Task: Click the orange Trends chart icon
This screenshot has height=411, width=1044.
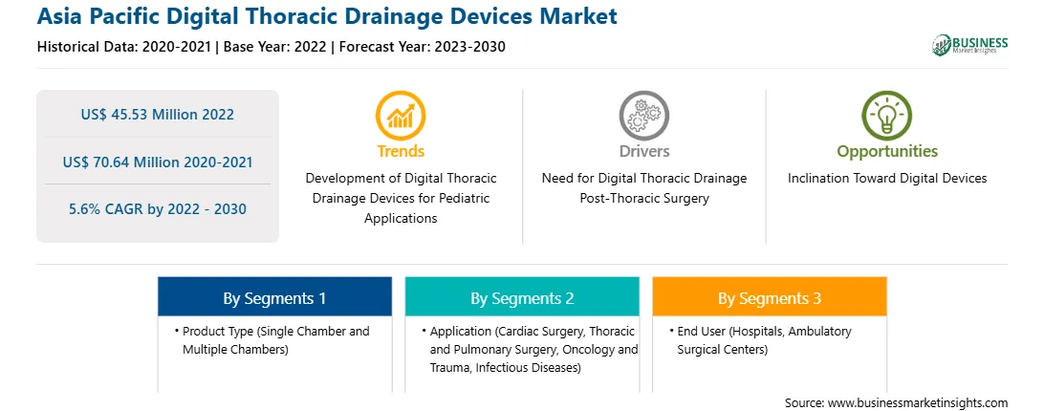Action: (401, 116)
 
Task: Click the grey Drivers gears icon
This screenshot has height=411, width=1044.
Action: (643, 116)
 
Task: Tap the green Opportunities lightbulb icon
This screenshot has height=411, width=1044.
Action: (887, 116)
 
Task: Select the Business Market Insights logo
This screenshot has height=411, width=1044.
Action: (969, 45)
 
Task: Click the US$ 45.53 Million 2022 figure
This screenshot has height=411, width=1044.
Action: (157, 115)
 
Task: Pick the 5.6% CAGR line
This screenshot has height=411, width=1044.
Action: (157, 209)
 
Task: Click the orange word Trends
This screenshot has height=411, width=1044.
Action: (401, 151)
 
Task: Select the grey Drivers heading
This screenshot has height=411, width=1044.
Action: (643, 151)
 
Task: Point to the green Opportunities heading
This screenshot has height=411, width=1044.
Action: (887, 151)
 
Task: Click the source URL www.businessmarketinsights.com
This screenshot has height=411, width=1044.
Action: (918, 403)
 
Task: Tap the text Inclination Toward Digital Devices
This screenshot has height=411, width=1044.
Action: (887, 179)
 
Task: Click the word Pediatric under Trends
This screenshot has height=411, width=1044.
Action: (463, 199)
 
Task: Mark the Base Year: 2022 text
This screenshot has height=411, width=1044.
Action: (275, 47)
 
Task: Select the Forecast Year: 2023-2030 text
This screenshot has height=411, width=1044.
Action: (423, 47)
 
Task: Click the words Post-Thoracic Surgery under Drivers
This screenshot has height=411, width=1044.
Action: (643, 199)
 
